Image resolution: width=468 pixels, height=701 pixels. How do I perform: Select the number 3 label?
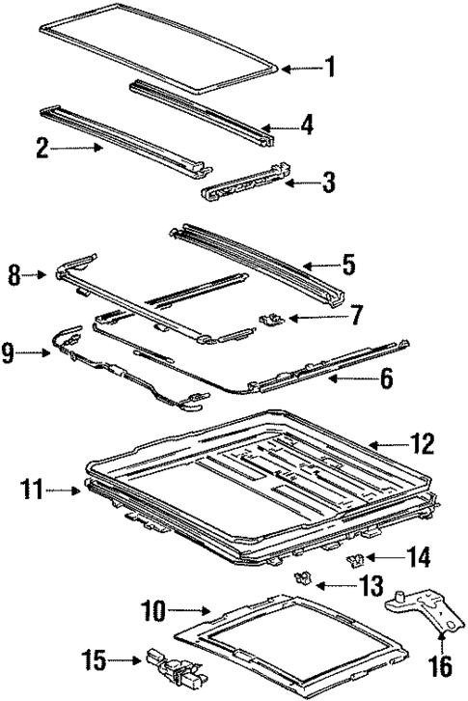pyautogui.click(x=329, y=182)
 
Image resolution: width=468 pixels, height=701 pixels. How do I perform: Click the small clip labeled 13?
pyautogui.click(x=301, y=579)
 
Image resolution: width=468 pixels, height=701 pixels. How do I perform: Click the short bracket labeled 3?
pyautogui.click(x=246, y=184)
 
